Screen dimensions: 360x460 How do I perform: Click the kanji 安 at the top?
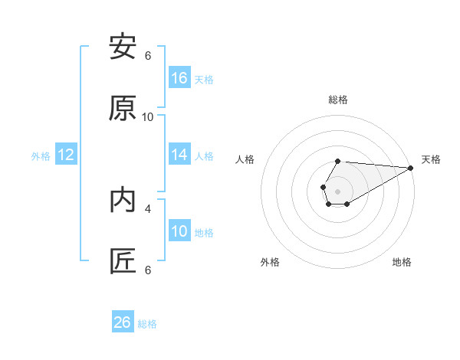[x=123, y=47]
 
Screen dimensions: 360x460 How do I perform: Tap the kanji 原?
[x=123, y=108]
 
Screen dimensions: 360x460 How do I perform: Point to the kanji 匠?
[x=123, y=261]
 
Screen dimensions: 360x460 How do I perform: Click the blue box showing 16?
[x=179, y=78]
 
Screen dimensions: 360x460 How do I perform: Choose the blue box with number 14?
[x=179, y=155]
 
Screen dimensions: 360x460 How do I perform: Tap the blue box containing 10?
[x=179, y=231]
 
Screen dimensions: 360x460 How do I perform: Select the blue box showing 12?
[x=66, y=155]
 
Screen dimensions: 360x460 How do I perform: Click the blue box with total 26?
[x=123, y=322]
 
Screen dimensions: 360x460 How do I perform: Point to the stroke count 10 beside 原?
[x=148, y=116]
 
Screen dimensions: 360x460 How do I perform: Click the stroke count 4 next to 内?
[x=148, y=208]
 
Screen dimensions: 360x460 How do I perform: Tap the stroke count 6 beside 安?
[x=148, y=55]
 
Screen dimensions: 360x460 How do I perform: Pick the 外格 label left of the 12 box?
[x=41, y=156]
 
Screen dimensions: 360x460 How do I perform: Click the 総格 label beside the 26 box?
[x=147, y=324]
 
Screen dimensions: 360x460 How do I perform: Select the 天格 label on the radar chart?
[x=431, y=159]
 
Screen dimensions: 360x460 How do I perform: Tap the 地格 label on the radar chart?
[x=402, y=262]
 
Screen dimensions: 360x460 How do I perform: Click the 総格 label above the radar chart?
[x=338, y=100]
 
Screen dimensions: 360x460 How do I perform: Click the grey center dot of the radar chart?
[x=337, y=190]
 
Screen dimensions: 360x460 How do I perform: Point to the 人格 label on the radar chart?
[x=245, y=159]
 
